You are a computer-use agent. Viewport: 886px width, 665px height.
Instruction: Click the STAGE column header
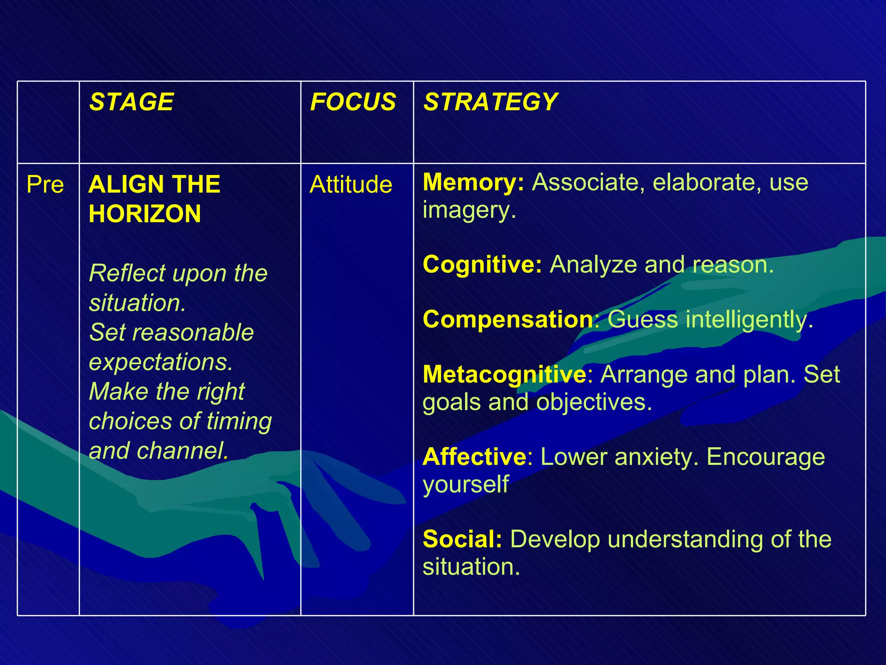pos(131,102)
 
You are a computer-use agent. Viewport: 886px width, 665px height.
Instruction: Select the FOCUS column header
pos(353,102)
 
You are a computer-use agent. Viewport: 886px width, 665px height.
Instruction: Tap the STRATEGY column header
pos(490,102)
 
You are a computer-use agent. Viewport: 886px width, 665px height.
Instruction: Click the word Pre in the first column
pos(45,184)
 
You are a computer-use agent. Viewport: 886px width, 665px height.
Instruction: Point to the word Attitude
pos(351,184)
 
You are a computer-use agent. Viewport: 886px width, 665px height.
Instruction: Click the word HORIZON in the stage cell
pos(144,214)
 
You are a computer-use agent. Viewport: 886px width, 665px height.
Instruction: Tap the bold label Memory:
pos(473,182)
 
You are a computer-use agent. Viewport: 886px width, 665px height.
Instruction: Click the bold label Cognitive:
pos(482,265)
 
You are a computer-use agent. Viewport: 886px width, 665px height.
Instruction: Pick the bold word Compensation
pos(508,320)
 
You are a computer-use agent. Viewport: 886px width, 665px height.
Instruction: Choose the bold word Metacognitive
pos(504,374)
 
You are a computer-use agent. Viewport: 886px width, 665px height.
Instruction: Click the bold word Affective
pos(474,457)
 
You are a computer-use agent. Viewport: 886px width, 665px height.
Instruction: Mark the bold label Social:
pos(462,539)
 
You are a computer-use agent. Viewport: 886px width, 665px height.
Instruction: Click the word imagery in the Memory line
pos(469,211)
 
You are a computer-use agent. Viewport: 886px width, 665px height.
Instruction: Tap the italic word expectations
pos(161,362)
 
